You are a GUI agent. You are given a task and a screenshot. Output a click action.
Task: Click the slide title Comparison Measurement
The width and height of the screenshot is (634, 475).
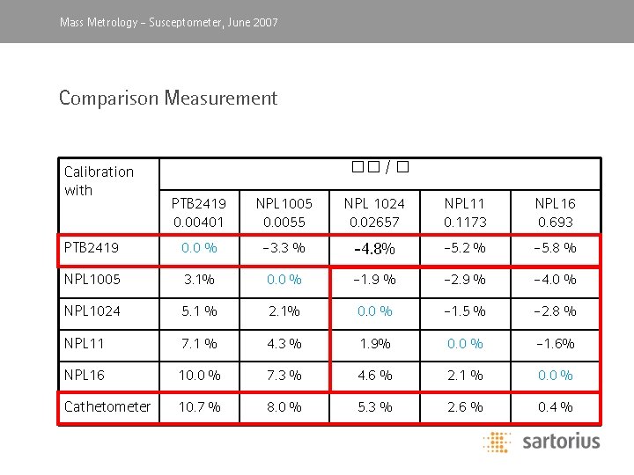pyautogui.click(x=167, y=98)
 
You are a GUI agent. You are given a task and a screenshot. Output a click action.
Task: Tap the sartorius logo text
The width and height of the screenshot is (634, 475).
pyautogui.click(x=560, y=441)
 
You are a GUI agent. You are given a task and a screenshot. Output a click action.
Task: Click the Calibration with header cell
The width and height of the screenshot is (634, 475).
pyautogui.click(x=99, y=180)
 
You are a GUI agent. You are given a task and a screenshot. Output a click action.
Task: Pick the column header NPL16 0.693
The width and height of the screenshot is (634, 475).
pyautogui.click(x=556, y=212)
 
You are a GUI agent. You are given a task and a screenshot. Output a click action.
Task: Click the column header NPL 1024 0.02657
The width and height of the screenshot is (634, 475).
pyautogui.click(x=374, y=212)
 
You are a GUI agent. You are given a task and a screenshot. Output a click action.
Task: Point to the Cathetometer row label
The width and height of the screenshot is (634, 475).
pyautogui.click(x=107, y=406)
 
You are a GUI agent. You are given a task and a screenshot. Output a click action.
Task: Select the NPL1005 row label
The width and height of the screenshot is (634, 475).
pyautogui.click(x=92, y=280)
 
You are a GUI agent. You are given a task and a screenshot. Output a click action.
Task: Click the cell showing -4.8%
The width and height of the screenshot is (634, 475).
pyautogui.click(x=374, y=249)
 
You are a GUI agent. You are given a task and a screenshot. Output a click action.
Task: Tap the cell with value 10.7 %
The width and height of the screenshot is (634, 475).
pyautogui.click(x=200, y=406)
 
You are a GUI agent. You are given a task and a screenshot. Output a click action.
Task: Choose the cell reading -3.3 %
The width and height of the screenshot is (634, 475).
pyautogui.click(x=284, y=248)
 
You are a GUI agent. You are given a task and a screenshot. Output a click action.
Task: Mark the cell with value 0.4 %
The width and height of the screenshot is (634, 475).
pyautogui.click(x=556, y=406)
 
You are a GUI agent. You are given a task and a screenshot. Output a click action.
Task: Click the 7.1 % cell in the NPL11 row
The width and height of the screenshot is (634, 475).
pyautogui.click(x=200, y=343)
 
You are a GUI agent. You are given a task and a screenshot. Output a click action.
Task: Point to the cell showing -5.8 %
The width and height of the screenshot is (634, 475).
pyautogui.click(x=556, y=248)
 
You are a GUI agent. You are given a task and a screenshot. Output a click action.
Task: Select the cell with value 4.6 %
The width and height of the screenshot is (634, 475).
pyautogui.click(x=374, y=375)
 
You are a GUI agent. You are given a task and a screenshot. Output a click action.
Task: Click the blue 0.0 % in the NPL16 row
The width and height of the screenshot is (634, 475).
pyautogui.click(x=556, y=375)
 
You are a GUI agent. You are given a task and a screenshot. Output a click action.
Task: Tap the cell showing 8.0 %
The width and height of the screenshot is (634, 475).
pyautogui.click(x=284, y=406)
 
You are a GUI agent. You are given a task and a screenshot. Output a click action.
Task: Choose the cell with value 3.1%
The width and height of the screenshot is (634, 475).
pyautogui.click(x=200, y=280)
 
